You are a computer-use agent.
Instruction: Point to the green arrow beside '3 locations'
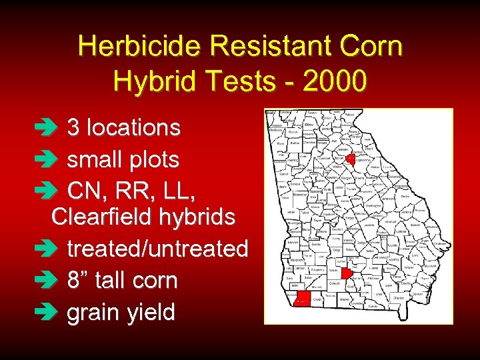coord(58,128)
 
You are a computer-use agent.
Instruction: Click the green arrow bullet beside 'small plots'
coord(58,160)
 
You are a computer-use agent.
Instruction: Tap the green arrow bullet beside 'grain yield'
coord(58,313)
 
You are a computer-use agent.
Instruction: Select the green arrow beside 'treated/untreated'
coord(58,249)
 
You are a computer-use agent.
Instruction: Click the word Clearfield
coord(97,217)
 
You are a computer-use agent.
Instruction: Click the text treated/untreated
coord(157,249)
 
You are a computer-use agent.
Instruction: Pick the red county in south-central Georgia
coord(347,273)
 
